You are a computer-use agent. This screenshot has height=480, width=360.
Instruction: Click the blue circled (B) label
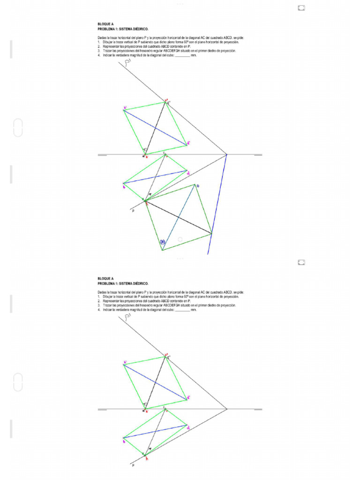coord(163,242)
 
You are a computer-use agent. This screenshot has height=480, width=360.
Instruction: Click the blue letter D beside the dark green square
coord(198,186)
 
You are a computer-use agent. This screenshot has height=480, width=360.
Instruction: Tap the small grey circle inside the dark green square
coord(180,240)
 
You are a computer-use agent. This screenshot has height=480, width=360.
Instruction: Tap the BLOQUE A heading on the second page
coord(105,279)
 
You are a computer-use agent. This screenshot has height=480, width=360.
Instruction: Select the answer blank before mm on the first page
coord(183,55)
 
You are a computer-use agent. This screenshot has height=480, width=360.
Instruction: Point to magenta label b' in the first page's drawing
coord(125,108)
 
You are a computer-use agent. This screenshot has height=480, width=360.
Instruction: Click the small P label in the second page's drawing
coord(133,465)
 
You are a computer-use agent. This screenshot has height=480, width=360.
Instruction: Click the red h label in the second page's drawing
coord(146,459)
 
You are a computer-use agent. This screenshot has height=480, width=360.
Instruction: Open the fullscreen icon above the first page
coord(301,7)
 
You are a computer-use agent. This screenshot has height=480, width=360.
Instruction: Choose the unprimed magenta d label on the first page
coord(188,174)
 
